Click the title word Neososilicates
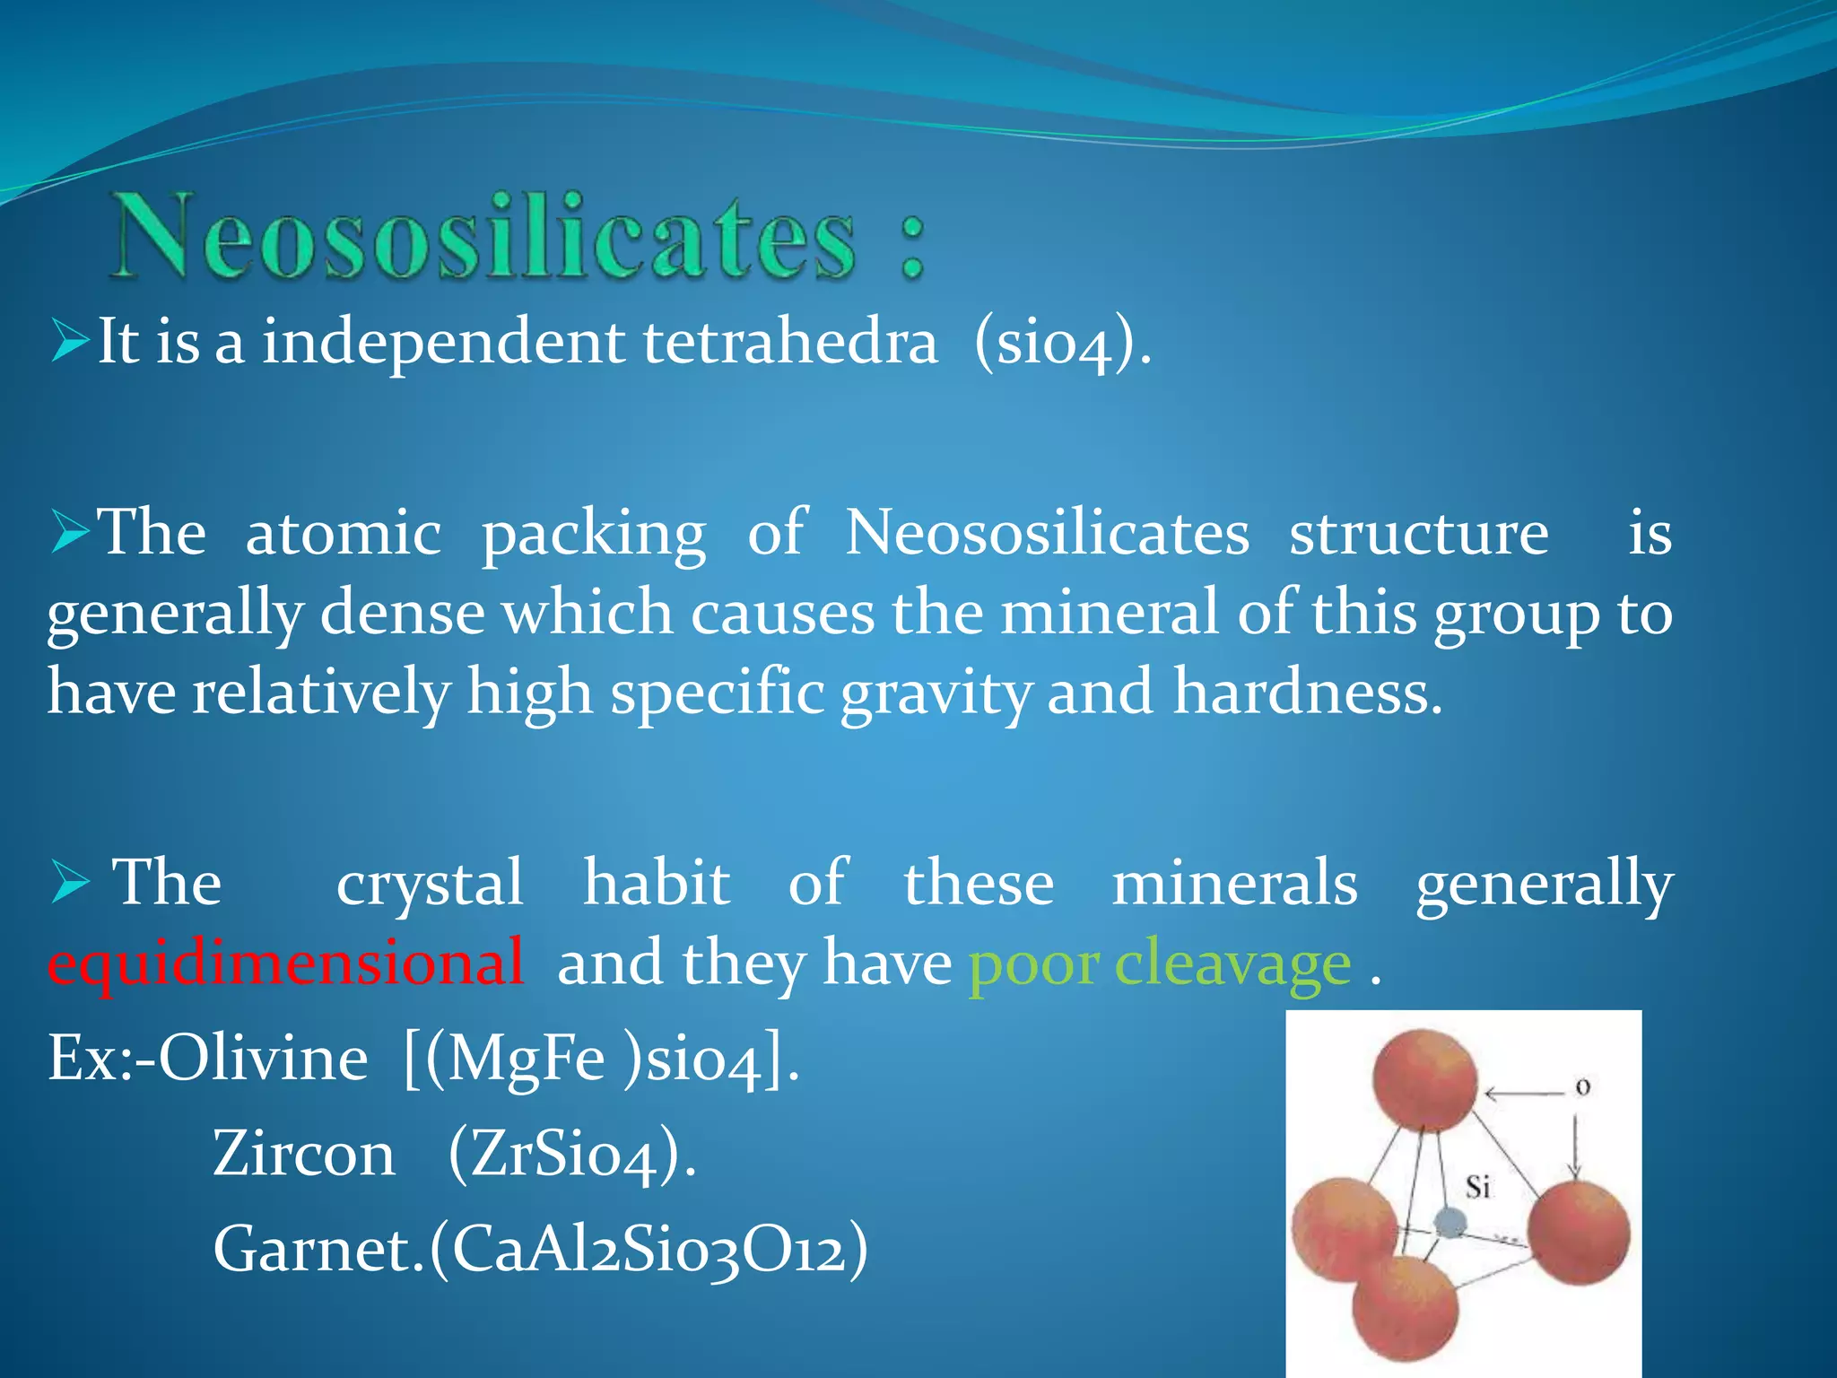pos(484,238)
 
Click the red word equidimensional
pos(285,963)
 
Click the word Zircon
pos(304,1154)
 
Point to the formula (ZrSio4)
pos(571,1156)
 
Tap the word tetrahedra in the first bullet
pos(790,342)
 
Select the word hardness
pos(1308,693)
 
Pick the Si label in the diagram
pos(1477,1188)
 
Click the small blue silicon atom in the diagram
pos(1450,1222)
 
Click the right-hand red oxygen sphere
pos(1579,1232)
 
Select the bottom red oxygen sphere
pos(1406,1309)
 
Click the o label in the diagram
pos(1583,1087)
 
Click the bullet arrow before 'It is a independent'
pos(70,342)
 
